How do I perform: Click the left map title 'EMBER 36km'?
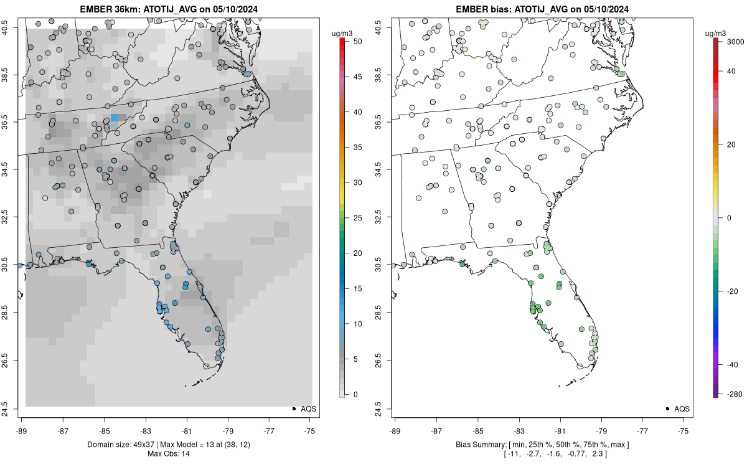tap(110, 9)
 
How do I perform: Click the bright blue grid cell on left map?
tap(115, 118)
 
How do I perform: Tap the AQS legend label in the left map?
tap(309, 409)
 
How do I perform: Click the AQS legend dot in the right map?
tap(667, 408)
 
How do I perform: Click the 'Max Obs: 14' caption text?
tap(169, 454)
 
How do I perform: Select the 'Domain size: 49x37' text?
tap(121, 445)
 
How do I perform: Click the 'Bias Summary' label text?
tap(481, 445)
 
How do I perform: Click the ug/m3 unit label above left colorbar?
tap(342, 34)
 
